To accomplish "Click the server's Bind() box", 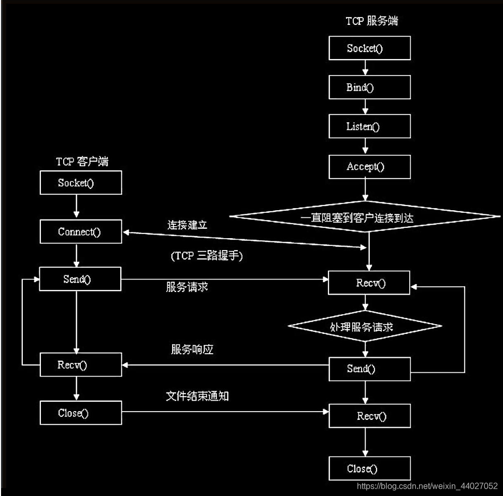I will [369, 87].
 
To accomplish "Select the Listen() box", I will [369, 127].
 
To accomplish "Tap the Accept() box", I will [369, 167].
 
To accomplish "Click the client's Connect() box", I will [81, 231].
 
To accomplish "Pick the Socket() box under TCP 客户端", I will [81, 183].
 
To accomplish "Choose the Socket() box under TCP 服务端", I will [369, 48].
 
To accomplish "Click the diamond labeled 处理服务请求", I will [365, 326].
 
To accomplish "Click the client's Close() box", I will [81, 413].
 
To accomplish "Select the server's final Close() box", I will [369, 469].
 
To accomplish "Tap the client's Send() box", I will [81, 280].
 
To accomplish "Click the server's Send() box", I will [369, 369].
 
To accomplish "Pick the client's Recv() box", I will [81, 364].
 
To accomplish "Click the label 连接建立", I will [187, 225].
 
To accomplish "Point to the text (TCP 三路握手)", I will [206, 256].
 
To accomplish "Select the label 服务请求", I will [187, 286].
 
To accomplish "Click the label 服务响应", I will [192, 349].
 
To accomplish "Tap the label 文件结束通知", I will [197, 396].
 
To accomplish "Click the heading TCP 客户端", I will [82, 162].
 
